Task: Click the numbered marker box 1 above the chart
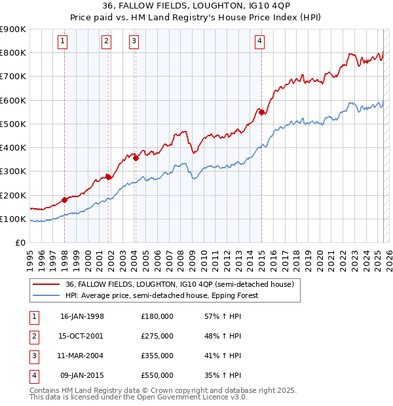click(x=63, y=41)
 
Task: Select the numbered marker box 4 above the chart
click(x=260, y=41)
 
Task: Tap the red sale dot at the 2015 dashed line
click(x=262, y=113)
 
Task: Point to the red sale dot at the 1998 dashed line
click(x=65, y=200)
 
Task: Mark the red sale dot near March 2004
click(x=136, y=158)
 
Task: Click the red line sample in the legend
click(x=47, y=284)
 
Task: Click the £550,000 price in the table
click(x=157, y=375)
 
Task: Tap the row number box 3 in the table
click(x=33, y=356)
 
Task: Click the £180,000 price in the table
click(x=157, y=316)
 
